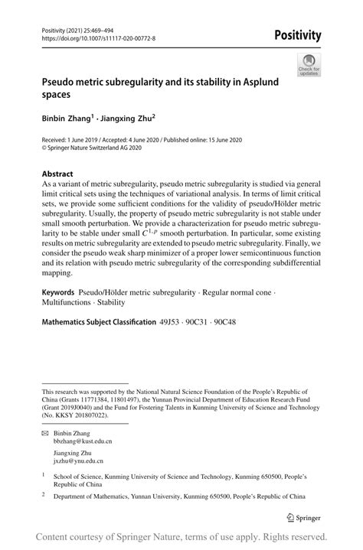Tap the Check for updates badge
point(309,65)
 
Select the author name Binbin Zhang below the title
point(70,119)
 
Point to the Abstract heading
point(57,174)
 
